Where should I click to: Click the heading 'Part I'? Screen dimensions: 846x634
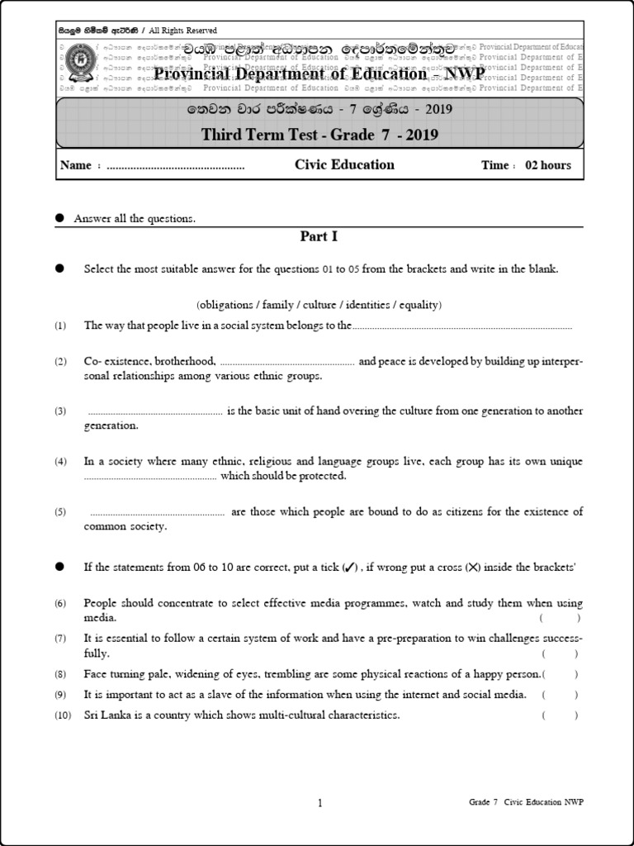(319, 236)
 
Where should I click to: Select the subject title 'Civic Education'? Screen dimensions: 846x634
(344, 164)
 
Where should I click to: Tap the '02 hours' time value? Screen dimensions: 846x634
(548, 165)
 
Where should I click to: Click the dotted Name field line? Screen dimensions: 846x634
(176, 166)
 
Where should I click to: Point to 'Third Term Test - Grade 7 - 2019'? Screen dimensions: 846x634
(319, 135)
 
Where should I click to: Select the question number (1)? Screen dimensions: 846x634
(60, 326)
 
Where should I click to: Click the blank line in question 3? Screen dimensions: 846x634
(155, 411)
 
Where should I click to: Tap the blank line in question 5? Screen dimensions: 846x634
(157, 513)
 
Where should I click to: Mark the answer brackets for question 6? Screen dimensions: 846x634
(560, 618)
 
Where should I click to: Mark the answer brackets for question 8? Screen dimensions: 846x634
(560, 674)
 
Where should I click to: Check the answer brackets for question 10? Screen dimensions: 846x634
(560, 715)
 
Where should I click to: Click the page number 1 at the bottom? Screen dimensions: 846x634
(319, 802)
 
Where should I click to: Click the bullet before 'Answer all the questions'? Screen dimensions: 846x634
(59, 218)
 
